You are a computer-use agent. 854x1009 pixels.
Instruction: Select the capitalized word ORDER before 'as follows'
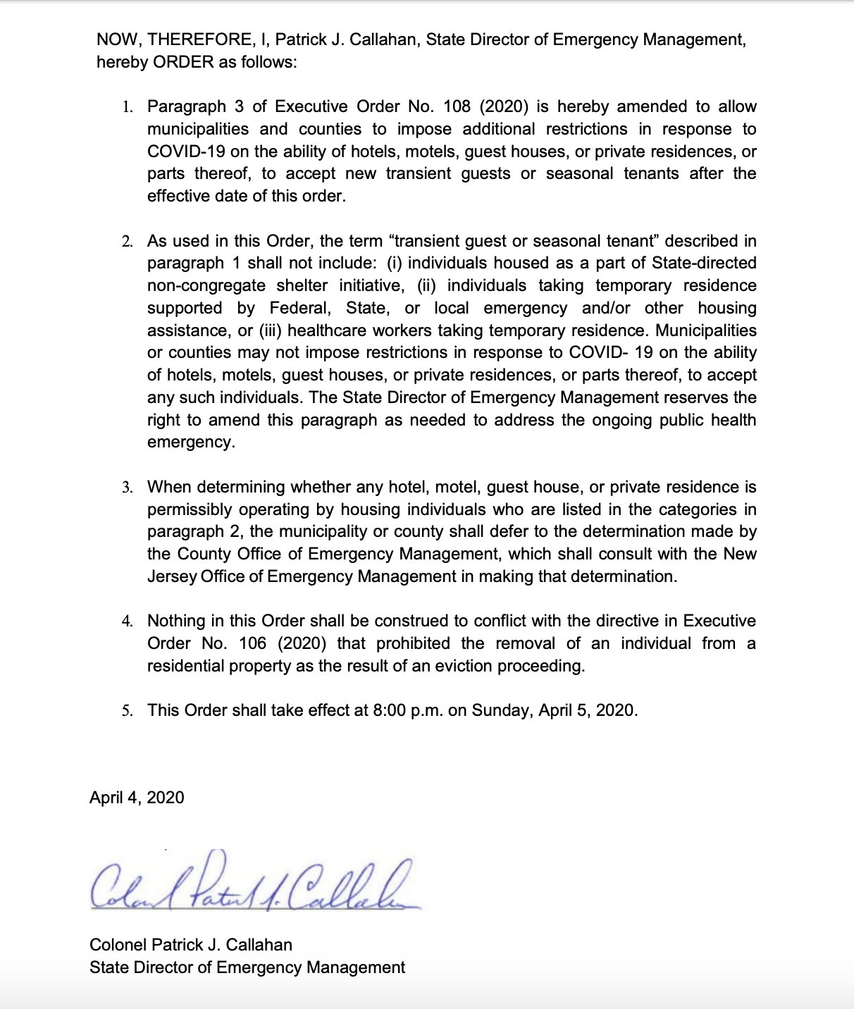coord(183,62)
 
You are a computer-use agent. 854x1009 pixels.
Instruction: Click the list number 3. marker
coord(128,488)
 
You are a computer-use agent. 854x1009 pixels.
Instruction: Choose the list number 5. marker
coord(128,710)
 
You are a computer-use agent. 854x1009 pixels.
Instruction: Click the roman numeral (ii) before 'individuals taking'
coord(428,285)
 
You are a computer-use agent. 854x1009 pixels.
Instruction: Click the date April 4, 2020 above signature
coord(137,798)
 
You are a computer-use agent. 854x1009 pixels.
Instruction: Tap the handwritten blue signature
coord(254,885)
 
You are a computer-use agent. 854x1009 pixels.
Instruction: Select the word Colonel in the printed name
coord(118,945)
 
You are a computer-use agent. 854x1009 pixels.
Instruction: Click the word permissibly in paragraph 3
coord(190,509)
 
